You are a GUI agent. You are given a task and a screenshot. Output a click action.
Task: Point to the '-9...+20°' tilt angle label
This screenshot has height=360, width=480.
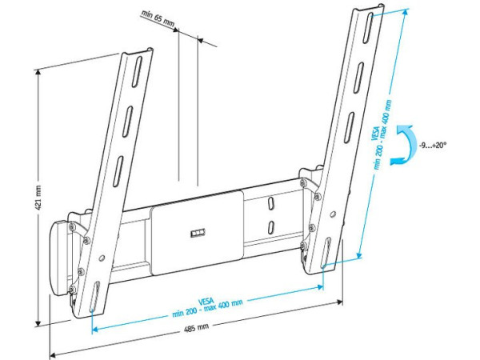coord(432,146)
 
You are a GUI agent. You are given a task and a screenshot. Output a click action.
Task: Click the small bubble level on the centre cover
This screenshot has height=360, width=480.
coord(198,234)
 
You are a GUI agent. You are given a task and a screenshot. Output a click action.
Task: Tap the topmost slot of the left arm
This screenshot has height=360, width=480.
coord(138,71)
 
